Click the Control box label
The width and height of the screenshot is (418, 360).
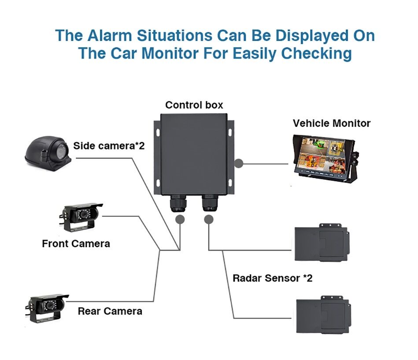click(x=194, y=105)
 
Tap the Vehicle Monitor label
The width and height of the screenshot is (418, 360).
click(x=331, y=123)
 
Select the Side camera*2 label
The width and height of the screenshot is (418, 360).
click(x=109, y=145)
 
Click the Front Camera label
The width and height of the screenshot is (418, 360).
click(x=76, y=243)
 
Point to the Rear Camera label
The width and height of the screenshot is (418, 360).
click(x=110, y=311)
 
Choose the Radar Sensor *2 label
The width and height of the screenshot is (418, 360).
click(x=272, y=278)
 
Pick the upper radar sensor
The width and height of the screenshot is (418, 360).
click(x=321, y=244)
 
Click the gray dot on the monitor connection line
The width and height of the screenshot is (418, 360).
click(x=239, y=163)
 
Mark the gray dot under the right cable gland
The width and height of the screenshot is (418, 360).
click(x=209, y=219)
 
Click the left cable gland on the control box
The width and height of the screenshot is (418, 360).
click(x=180, y=204)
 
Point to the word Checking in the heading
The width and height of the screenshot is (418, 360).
click(x=316, y=53)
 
